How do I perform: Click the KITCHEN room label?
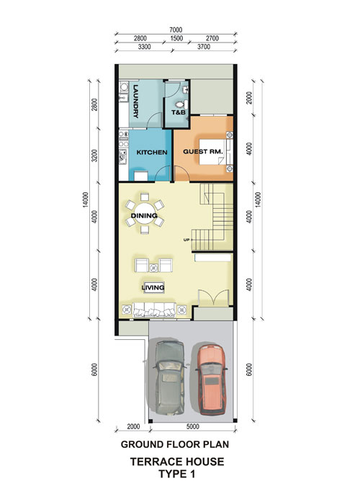(152, 152)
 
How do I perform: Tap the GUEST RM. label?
(203, 151)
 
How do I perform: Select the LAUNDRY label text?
(135, 102)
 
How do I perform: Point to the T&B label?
(178, 112)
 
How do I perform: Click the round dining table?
(144, 213)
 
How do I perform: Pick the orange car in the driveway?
(211, 379)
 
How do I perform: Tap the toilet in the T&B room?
(181, 104)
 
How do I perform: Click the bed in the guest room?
(213, 152)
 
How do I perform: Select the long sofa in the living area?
(154, 310)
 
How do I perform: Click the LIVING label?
(153, 287)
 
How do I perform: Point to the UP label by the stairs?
(186, 240)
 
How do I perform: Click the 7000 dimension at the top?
(176, 30)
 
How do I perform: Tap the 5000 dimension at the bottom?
(192, 426)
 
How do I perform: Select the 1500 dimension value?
(176, 39)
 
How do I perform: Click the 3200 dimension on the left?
(94, 156)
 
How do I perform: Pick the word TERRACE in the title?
(153, 462)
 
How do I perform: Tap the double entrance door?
(213, 298)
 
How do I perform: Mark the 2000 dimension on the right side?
(249, 98)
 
